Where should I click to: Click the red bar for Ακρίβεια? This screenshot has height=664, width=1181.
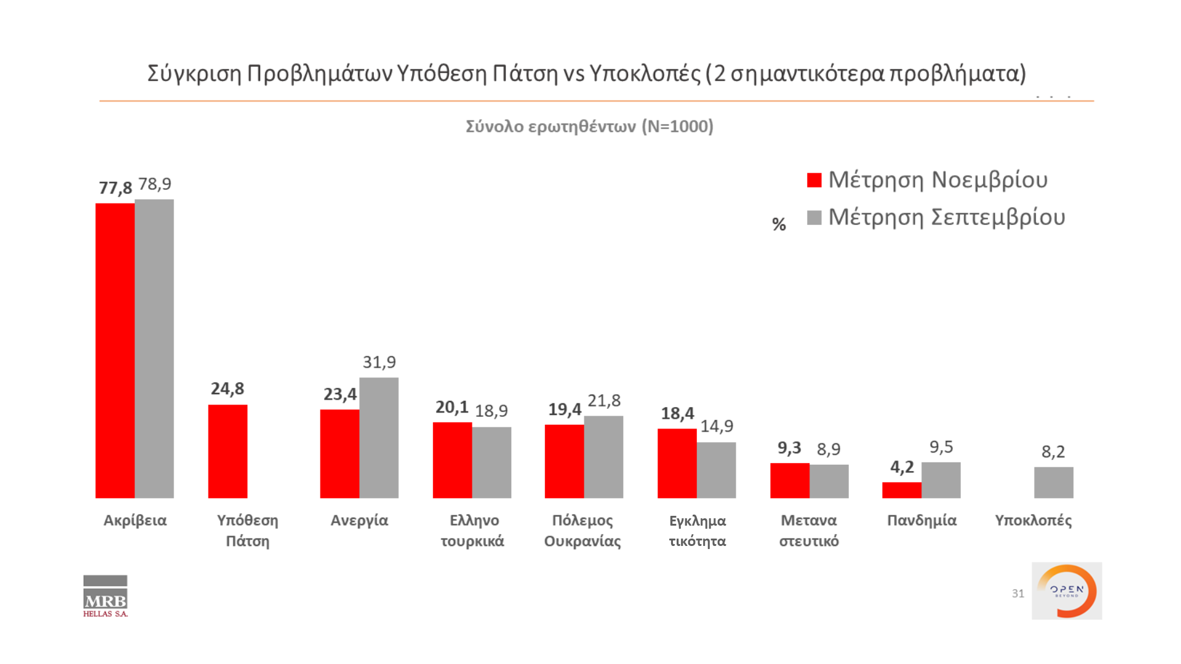(115, 350)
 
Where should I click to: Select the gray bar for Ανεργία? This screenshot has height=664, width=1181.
(379, 438)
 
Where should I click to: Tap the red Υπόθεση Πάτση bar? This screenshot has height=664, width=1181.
(228, 451)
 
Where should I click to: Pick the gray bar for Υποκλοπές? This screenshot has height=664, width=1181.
(1054, 483)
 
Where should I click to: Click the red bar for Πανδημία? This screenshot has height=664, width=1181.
(902, 490)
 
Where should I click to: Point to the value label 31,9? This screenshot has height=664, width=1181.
(379, 362)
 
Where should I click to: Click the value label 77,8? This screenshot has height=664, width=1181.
(116, 188)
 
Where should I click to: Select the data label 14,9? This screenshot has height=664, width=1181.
(717, 426)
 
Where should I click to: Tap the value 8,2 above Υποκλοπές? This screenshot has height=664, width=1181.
(1053, 452)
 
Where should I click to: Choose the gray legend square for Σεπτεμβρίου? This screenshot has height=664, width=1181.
(814, 218)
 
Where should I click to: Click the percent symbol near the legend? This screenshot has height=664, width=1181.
(779, 224)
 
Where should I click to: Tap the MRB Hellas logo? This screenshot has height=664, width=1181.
(105, 596)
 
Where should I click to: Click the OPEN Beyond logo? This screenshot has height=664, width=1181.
(1067, 591)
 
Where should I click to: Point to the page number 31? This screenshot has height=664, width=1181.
(1018, 593)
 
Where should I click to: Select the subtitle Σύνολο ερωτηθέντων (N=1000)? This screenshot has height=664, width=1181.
(589, 127)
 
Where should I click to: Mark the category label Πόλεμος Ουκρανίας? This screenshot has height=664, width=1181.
(583, 531)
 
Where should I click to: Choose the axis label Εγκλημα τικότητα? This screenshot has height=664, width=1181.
(698, 531)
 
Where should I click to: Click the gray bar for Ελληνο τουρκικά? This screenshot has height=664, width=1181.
(491, 462)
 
